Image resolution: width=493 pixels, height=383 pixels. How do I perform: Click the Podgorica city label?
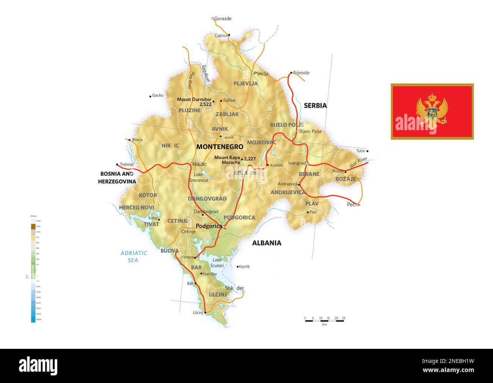pyautogui.click(x=208, y=226)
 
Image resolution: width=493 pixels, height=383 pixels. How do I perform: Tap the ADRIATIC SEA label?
pyautogui.click(x=133, y=257)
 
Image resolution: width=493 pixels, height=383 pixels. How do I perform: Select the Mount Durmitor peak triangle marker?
pyautogui.click(x=214, y=101)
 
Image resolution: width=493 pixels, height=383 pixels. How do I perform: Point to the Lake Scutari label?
pyautogui.click(x=217, y=263)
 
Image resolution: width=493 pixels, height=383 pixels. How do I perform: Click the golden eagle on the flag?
pyautogui.click(x=432, y=111)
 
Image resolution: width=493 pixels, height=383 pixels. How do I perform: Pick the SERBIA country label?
pyautogui.click(x=315, y=106)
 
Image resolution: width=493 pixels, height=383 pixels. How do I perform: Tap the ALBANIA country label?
pyautogui.click(x=267, y=243)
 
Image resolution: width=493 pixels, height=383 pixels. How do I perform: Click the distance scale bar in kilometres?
pyautogui.click(x=324, y=321)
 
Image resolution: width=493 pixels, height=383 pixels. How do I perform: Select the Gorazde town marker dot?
pyautogui.click(x=213, y=18)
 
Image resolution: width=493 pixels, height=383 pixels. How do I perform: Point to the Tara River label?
pyautogui.click(x=205, y=73)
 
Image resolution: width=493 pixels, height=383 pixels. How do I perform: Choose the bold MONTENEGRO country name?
pyautogui.click(x=220, y=147)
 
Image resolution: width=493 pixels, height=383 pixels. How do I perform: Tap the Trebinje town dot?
pyautogui.click(x=117, y=164)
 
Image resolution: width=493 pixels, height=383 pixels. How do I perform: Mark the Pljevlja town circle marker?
pyautogui.click(x=253, y=73)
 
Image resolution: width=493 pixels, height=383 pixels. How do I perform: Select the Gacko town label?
pyautogui.click(x=157, y=96)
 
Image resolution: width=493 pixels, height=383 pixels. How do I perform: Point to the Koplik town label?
pyautogui.click(x=244, y=266)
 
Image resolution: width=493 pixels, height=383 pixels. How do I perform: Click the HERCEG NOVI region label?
pyautogui.click(x=136, y=208)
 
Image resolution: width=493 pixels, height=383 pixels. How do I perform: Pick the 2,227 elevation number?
pyautogui.click(x=250, y=159)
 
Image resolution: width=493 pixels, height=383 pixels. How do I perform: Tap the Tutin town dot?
pyautogui.click(x=367, y=151)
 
